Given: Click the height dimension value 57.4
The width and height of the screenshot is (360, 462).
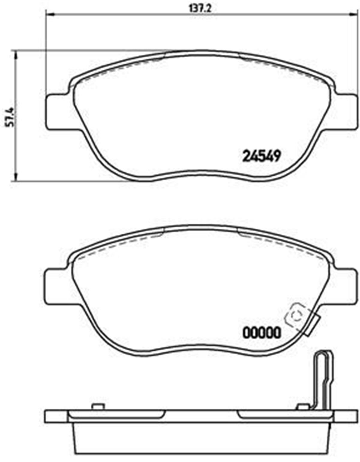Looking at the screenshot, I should coord(9,116).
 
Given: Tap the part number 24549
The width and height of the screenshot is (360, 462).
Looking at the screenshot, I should coord(261,156).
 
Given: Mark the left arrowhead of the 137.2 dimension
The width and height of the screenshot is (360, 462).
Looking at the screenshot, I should coord(48,14).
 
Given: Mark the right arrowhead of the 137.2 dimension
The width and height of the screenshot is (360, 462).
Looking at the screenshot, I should coord(355,14).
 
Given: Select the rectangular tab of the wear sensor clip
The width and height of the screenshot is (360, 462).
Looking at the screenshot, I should coord(312,326).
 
